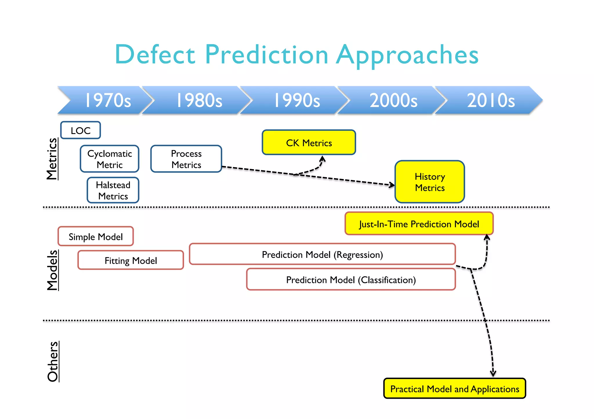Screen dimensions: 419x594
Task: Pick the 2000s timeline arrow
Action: [393, 100]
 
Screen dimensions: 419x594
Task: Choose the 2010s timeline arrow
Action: [491, 100]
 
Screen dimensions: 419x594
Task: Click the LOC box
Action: [81, 130]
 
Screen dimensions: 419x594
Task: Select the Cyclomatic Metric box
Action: [110, 159]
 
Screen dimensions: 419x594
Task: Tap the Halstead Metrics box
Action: [113, 190]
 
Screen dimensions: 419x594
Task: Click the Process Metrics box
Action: [186, 159]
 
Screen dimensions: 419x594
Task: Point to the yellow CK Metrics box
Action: [309, 142]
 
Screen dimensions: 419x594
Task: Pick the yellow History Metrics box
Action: [430, 182]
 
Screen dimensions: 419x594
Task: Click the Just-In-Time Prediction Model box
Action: [419, 224]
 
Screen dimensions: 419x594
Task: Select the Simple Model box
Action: [96, 237]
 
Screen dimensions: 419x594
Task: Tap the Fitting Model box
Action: [131, 260]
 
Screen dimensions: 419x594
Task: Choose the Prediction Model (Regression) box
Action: [322, 254]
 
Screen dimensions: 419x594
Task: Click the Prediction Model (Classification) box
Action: [351, 279]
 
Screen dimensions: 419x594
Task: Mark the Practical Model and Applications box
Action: [454, 389]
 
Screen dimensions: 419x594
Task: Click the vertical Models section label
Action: [52, 270]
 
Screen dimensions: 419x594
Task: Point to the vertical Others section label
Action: [53, 361]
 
